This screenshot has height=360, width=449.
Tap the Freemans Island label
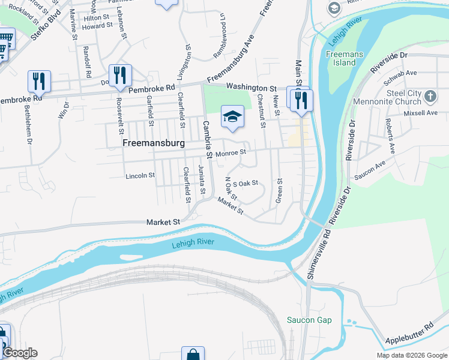tap(341, 58)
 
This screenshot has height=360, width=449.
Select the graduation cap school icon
tap(232, 117)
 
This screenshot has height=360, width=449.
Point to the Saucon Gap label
tap(309, 320)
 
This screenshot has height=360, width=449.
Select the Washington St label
tap(250, 88)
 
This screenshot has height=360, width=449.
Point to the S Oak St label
tap(245, 184)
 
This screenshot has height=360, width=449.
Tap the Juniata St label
tap(202, 181)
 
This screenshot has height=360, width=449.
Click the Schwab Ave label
tap(402, 73)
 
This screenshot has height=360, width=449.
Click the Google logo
tap(20, 353)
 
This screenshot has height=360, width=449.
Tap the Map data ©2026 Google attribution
tap(411, 355)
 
